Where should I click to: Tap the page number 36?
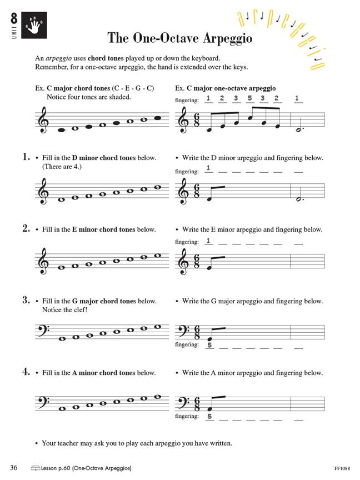[14, 468]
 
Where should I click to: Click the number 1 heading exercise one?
[26, 158]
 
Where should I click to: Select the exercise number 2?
[26, 229]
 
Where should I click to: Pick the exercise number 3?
[26, 301]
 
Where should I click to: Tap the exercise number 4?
[26, 372]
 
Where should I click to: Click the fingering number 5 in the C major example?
[249, 99]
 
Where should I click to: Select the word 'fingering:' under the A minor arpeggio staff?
[187, 416]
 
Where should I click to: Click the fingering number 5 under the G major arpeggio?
[209, 344]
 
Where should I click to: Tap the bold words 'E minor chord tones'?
[103, 229]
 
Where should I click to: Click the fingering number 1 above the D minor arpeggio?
[208, 168]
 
